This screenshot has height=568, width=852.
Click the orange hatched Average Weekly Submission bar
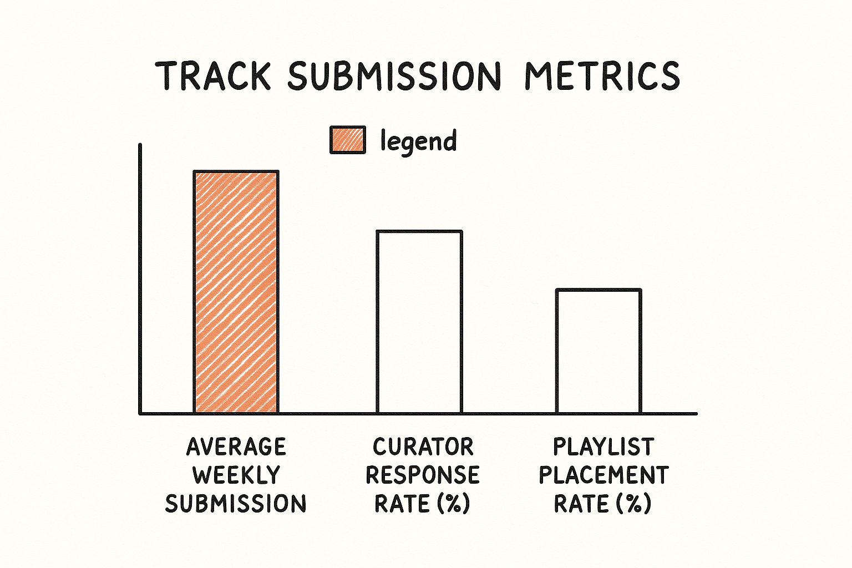[236, 292]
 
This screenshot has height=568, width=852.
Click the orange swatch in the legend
[348, 140]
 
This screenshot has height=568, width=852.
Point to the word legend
[418, 141]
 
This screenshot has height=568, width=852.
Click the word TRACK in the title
[213, 75]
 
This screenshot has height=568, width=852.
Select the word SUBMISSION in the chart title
[393, 75]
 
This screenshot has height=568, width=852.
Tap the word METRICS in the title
[602, 75]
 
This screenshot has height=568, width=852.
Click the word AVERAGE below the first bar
[236, 447]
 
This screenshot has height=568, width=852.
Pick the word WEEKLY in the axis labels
[236, 475]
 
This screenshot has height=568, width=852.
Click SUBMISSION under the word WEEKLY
[236, 504]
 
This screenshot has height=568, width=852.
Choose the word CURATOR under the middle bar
[423, 447]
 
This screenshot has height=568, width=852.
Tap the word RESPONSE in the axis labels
[423, 475]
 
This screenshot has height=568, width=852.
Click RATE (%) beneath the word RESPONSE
[423, 504]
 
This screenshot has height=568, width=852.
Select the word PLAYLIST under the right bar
[603, 447]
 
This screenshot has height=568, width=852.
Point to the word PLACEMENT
[604, 475]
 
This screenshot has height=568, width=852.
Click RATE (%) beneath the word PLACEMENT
[603, 504]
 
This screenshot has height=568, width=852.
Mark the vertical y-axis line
[140, 278]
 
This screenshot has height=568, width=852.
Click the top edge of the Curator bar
[419, 231]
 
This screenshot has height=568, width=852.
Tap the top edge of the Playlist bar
[599, 290]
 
